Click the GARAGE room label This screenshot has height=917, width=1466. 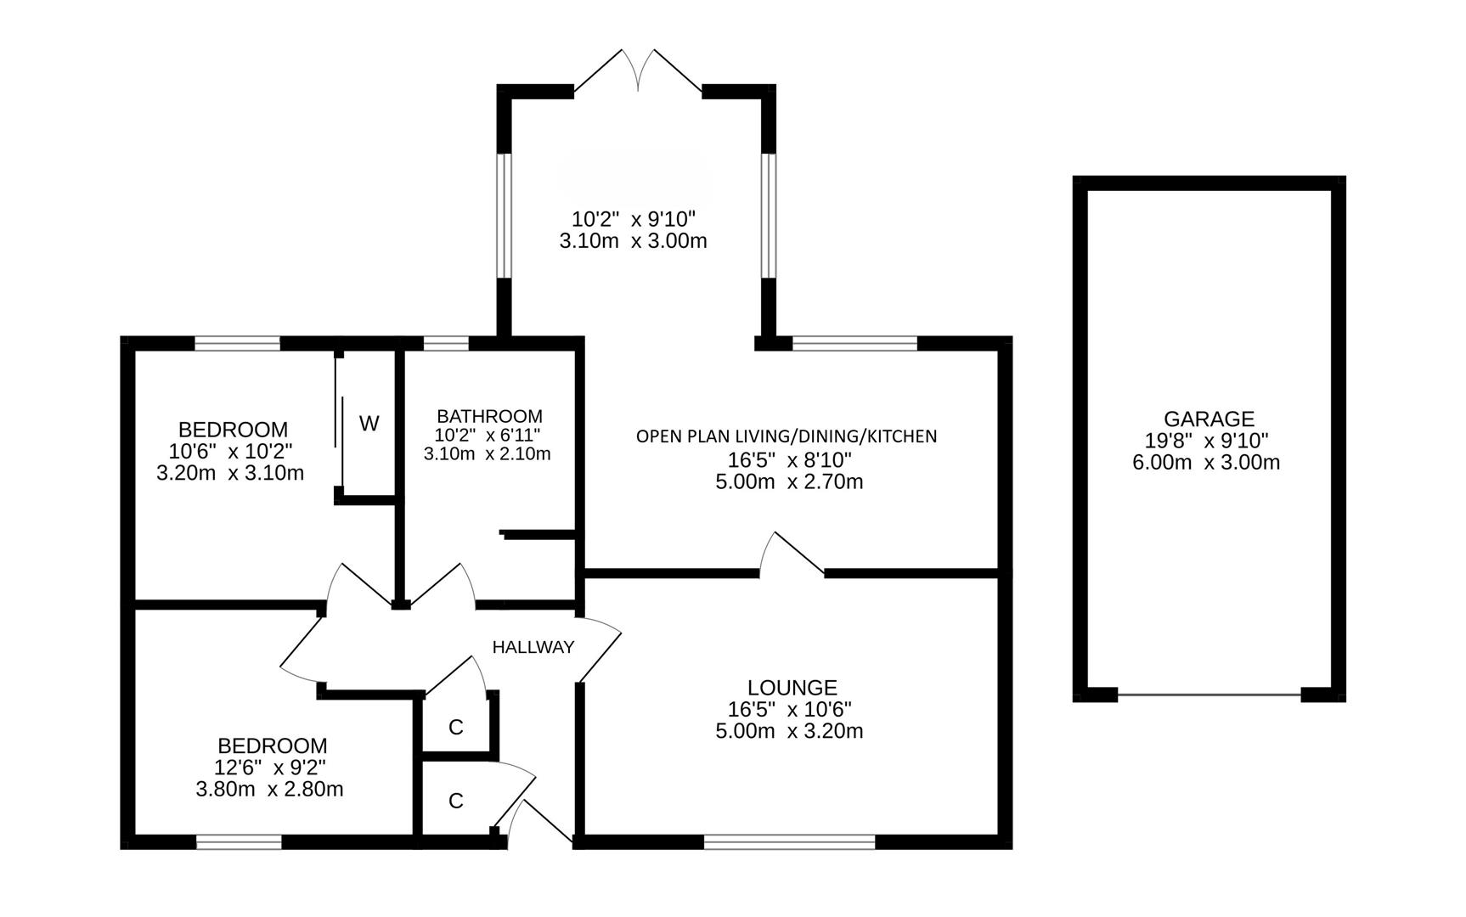coord(1208,419)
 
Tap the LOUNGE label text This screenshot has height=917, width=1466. coord(792,687)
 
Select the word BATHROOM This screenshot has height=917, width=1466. coord(489,416)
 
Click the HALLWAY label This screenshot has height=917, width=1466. coord(533,647)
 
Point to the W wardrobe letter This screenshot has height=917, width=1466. coord(369,423)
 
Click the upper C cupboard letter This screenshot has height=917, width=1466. coord(456,727)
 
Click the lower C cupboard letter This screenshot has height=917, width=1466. coord(456,801)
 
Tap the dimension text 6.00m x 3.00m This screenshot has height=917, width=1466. coord(1206,463)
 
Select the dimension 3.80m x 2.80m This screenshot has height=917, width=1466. coord(269,790)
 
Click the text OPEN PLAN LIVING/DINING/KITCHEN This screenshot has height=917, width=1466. coord(787,436)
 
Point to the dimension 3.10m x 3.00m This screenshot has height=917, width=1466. coord(633,241)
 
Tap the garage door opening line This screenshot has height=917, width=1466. coord(1209,695)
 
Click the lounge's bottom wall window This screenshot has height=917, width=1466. coord(789,841)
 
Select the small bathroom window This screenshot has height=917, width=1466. coord(446,343)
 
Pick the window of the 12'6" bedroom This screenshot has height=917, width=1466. coord(239,841)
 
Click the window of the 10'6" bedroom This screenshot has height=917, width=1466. coord(237,343)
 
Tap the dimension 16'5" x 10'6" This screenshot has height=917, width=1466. coord(789,709)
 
